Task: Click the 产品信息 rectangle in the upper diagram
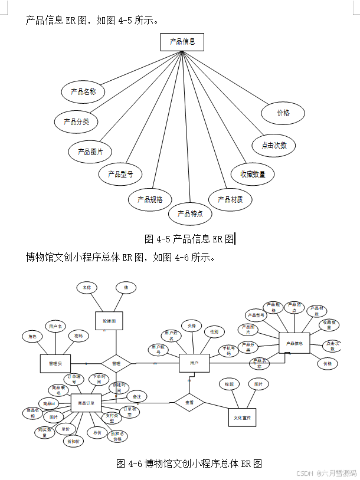point(182,42)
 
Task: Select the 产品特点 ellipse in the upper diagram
point(190,213)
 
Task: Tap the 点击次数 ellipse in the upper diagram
point(274,145)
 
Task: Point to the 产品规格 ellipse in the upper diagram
point(150,199)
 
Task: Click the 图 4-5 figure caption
point(189,239)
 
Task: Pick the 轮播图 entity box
point(109,321)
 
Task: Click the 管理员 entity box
point(55,363)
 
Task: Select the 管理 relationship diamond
point(116,363)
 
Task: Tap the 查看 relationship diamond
point(189,403)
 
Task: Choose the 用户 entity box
point(194,363)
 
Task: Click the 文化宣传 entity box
point(243,417)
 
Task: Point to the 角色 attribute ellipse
point(32,337)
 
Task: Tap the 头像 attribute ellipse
point(191,326)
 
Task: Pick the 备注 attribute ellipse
point(136,396)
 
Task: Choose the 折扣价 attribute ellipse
point(73,440)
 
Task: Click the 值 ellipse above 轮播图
point(125,288)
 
